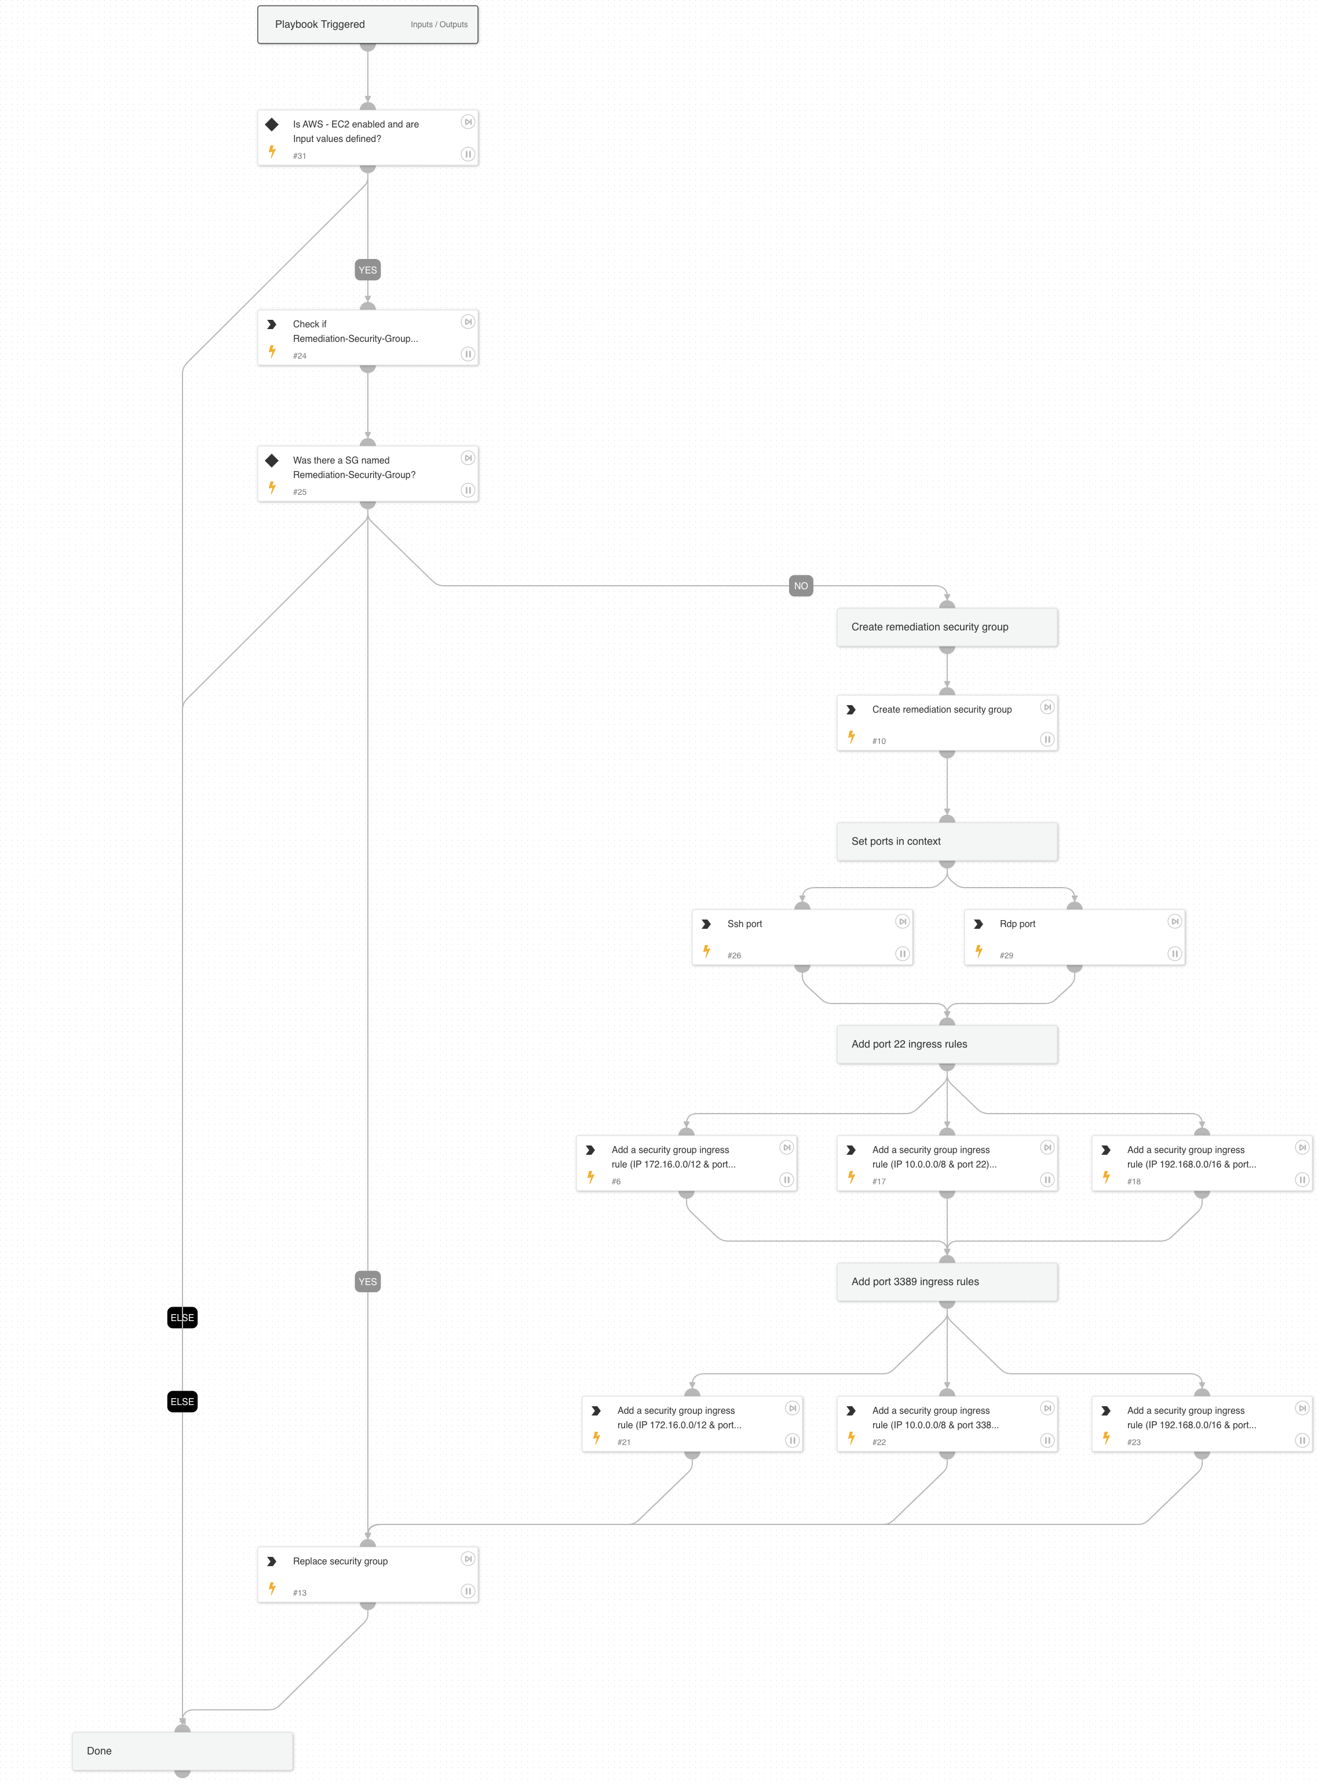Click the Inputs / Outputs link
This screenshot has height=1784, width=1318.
(439, 25)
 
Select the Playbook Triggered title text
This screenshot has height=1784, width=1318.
(319, 25)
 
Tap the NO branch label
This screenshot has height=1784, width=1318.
(800, 586)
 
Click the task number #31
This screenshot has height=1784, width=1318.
(299, 156)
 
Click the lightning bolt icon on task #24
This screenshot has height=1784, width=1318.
(272, 352)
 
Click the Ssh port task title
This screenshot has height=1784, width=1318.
(744, 924)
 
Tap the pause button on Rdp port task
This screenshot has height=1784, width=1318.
(1174, 954)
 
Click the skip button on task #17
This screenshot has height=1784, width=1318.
(1047, 1147)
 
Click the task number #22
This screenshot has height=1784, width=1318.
(878, 1443)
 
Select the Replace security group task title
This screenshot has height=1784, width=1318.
(340, 1562)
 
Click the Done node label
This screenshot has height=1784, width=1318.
(99, 1750)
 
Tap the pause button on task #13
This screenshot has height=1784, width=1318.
(468, 1591)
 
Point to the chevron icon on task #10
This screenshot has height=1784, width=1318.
(851, 709)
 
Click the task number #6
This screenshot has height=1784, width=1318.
(616, 1181)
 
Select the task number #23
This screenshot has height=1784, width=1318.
(1134, 1443)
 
